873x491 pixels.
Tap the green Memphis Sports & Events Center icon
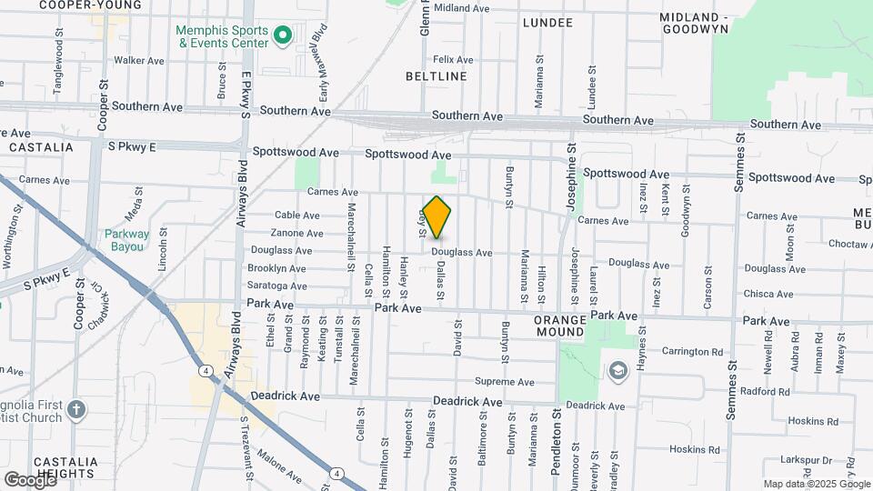point(282,36)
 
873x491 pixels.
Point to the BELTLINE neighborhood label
point(436,76)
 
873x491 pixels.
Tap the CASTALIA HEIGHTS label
point(61,467)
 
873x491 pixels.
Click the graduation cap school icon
point(618,370)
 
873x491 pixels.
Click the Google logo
point(29,479)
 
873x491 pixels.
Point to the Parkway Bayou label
point(125,239)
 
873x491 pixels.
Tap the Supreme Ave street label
point(505,382)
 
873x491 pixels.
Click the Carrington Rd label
point(691,351)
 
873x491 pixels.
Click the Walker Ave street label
point(138,61)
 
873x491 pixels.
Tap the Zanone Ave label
point(297,233)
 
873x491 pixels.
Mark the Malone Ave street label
point(279,465)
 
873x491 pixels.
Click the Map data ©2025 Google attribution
point(817,484)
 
